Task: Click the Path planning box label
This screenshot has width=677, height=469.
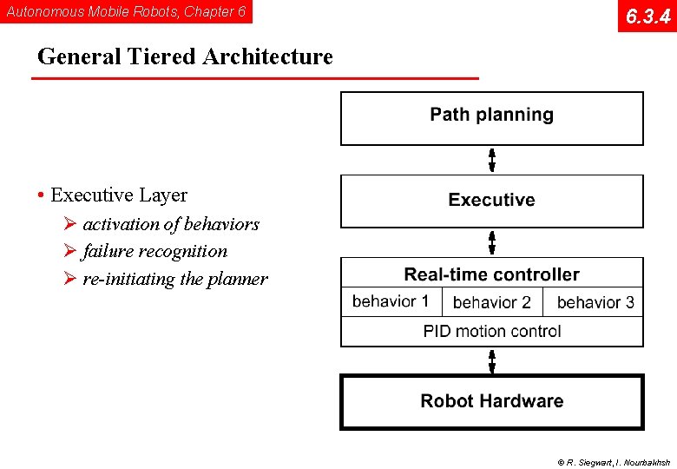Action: [x=491, y=115]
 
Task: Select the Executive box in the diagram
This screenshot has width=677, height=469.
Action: [x=491, y=200]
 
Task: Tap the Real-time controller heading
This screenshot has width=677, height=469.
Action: [x=491, y=274]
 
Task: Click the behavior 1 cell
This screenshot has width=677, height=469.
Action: [x=391, y=302]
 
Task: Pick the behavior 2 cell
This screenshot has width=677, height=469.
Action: [x=491, y=302]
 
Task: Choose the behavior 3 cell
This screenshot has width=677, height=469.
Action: [x=595, y=302]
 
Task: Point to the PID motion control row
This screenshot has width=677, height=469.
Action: [x=491, y=331]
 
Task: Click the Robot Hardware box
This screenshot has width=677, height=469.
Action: [x=491, y=401]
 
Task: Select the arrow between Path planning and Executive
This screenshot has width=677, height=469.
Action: [x=492, y=160]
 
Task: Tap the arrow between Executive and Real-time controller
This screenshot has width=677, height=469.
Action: [x=492, y=242]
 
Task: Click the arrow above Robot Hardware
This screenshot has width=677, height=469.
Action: [x=492, y=360]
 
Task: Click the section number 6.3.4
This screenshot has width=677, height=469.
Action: [x=647, y=16]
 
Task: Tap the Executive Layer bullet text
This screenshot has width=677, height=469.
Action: [x=118, y=195]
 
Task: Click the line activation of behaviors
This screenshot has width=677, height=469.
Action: [x=171, y=224]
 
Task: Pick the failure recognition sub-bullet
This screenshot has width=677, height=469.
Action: [x=154, y=251]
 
